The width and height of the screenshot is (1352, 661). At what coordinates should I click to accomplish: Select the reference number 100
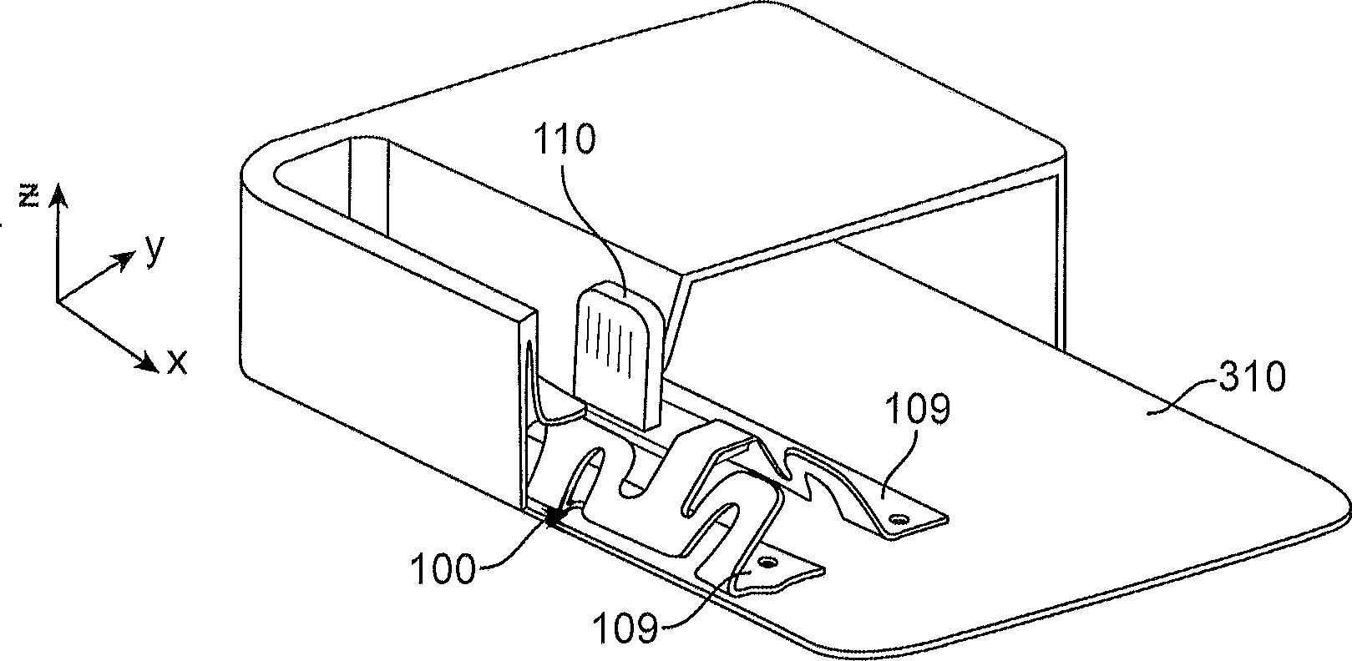[440, 573]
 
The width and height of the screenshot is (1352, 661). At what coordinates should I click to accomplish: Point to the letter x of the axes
[177, 362]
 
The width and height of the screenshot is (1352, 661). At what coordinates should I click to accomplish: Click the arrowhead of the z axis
[57, 197]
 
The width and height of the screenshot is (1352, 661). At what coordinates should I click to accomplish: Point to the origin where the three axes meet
[57, 301]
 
